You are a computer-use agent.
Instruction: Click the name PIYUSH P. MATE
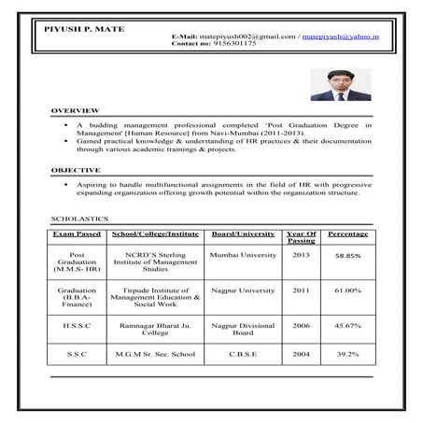[x=85, y=30]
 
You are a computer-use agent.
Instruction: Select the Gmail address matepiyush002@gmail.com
[x=242, y=35]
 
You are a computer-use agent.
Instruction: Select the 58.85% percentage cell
[x=348, y=255]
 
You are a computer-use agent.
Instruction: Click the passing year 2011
[x=301, y=290]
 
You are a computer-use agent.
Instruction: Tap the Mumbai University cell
[x=243, y=254]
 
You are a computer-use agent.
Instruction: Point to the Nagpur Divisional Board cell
[x=243, y=328]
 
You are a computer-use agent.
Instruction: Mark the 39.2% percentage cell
[x=348, y=355]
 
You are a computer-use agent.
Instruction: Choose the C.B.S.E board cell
[x=243, y=355]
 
